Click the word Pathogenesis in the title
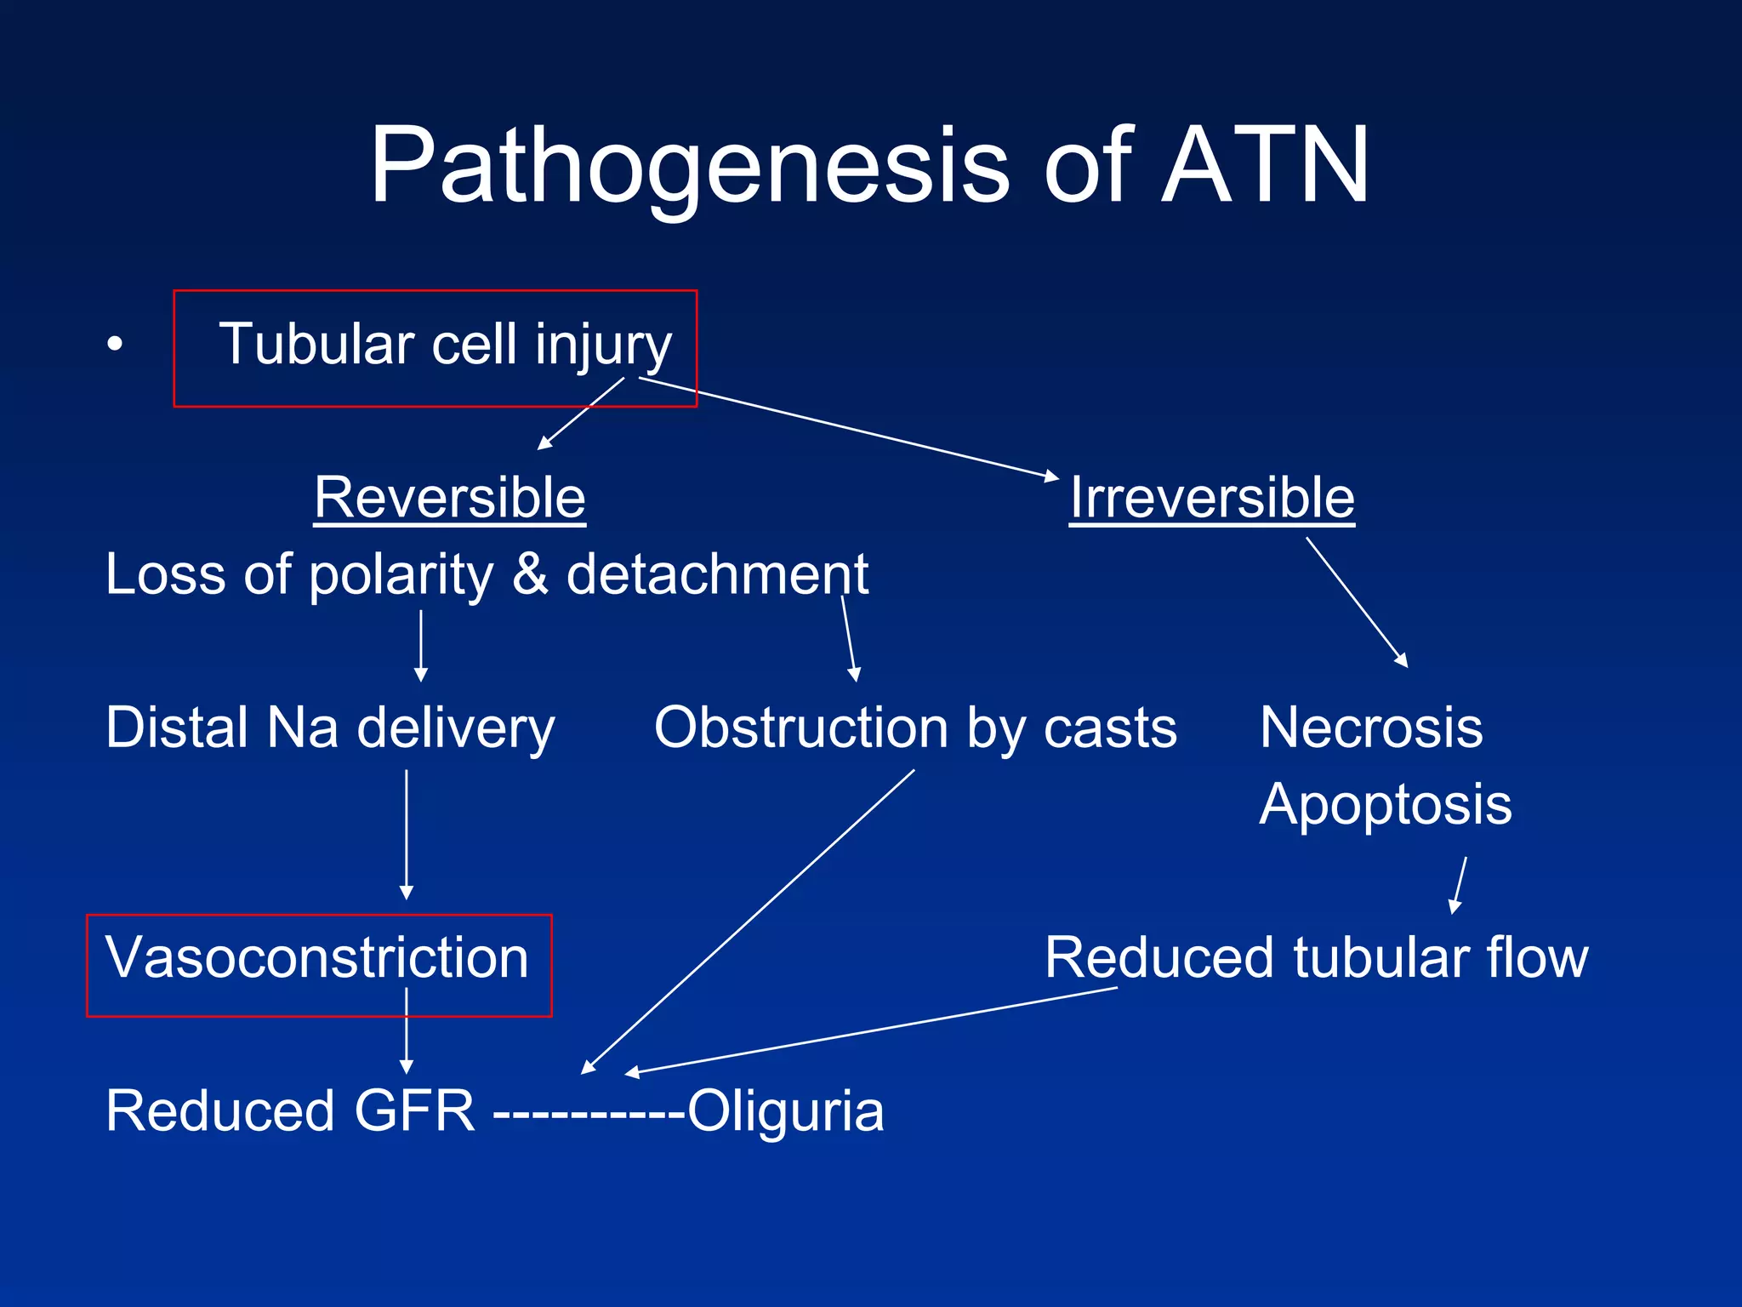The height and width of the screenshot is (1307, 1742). [689, 166]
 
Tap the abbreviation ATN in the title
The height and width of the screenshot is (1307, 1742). [1265, 166]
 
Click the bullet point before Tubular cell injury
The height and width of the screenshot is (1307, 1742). [115, 345]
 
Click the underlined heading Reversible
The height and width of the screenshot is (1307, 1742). [449, 498]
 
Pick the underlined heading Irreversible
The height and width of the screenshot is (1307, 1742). [1212, 498]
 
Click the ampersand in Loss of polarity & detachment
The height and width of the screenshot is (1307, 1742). [530, 574]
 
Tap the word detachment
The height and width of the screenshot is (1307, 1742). [717, 574]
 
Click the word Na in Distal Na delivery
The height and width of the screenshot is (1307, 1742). [303, 728]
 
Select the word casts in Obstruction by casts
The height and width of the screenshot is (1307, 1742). [1110, 728]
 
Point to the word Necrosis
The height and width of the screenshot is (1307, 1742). [1371, 728]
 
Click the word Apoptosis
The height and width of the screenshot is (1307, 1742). [1386, 805]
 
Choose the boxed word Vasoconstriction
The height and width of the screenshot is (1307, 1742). [317, 958]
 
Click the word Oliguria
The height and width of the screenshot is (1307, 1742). [785, 1111]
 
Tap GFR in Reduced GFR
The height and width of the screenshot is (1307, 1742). [414, 1111]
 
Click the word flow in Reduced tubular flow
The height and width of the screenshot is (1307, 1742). [1537, 958]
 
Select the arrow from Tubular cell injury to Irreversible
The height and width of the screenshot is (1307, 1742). [851, 428]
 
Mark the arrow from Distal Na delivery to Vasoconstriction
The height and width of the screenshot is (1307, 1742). [407, 834]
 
